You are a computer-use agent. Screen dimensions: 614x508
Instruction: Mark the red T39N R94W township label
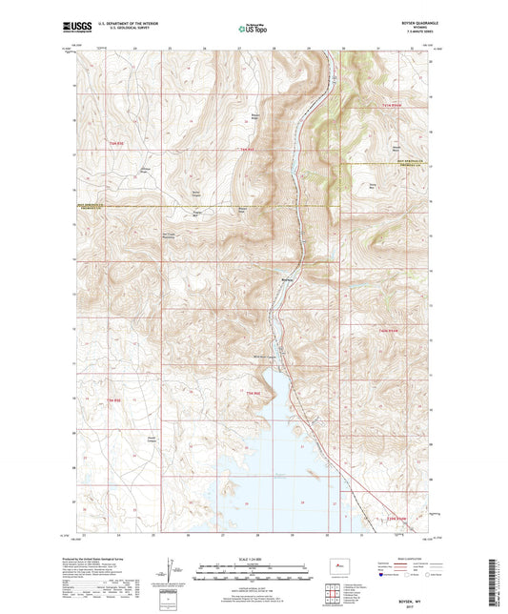[x=396, y=518]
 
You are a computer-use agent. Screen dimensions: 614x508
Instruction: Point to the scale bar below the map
[x=254, y=575]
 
